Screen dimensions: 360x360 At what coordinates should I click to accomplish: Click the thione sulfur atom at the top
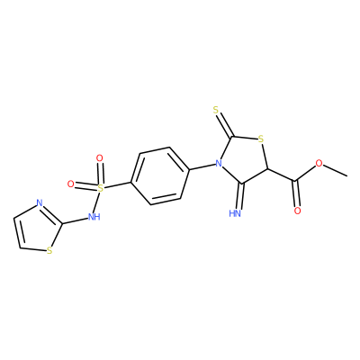click(217, 110)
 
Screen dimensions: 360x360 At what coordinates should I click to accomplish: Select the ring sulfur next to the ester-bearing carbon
click(261, 139)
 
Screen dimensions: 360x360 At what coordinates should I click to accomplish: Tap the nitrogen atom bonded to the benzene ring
click(219, 164)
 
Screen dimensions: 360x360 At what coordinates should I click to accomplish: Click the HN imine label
click(235, 213)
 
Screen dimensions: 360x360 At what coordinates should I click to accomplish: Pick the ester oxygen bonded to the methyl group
click(319, 164)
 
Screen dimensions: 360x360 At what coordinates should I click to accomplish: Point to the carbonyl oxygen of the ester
click(297, 211)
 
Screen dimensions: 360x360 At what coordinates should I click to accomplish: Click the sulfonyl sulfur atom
click(101, 188)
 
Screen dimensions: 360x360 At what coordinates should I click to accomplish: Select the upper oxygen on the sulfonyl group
click(100, 157)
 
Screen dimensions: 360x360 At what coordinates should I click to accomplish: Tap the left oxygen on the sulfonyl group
click(70, 184)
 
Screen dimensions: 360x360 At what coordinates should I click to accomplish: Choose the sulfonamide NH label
click(94, 217)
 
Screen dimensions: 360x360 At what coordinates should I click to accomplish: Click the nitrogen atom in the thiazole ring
click(40, 203)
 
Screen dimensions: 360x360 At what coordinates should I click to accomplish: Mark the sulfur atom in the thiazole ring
click(49, 250)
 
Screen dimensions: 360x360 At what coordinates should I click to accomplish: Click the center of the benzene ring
click(160, 175)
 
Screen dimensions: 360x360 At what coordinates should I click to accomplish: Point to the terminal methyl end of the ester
click(347, 175)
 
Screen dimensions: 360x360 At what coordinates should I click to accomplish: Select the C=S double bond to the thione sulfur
click(225, 125)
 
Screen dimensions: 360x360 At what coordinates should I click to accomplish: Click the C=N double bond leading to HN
click(240, 195)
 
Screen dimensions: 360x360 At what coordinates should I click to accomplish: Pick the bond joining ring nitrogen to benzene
click(202, 166)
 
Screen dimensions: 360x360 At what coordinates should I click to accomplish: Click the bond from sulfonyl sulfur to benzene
click(117, 185)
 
